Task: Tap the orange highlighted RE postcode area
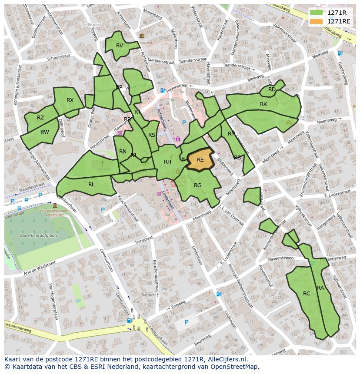pyautogui.click(x=200, y=160)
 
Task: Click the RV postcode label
pyautogui.click(x=120, y=46)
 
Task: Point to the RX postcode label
pyautogui.click(x=70, y=100)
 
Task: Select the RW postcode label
pyautogui.click(x=44, y=132)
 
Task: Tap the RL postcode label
pyautogui.click(x=91, y=185)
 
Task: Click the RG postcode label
pyautogui.click(x=198, y=185)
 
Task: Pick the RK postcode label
pyautogui.click(x=263, y=104)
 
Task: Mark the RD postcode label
pyautogui.click(x=272, y=89)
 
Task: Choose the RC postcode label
pyautogui.click(x=307, y=294)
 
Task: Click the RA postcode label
pyautogui.click(x=320, y=288)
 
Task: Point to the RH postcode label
pyautogui.click(x=167, y=162)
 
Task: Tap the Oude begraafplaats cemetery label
pyautogui.click(x=39, y=235)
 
